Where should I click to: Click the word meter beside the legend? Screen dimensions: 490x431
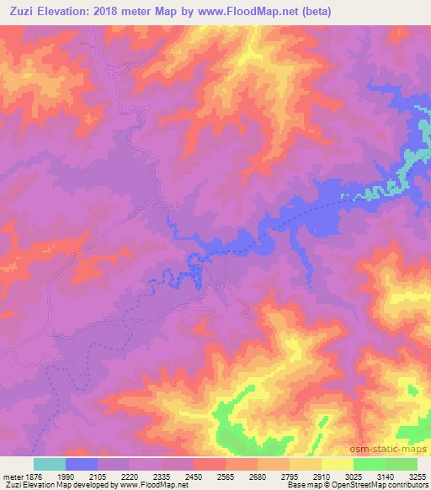pos(10,476)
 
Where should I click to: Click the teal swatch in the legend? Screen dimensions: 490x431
pos(50,464)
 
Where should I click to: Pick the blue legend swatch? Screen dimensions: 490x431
pos(82,464)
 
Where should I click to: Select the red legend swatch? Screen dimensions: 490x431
pos(210,464)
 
